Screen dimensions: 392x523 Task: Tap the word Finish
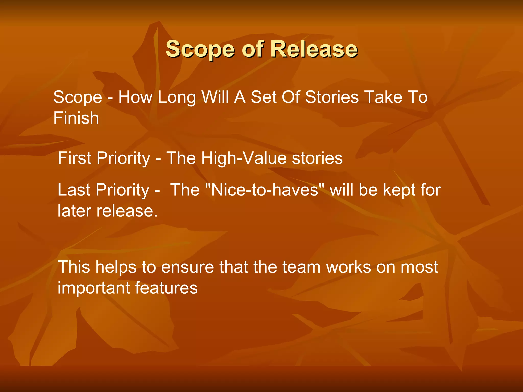(x=76, y=118)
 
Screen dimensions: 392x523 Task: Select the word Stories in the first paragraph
(x=332, y=97)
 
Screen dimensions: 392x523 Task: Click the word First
(x=75, y=158)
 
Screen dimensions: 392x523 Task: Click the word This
(x=74, y=267)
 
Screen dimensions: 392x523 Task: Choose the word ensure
(x=187, y=267)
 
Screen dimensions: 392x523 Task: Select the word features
(x=166, y=288)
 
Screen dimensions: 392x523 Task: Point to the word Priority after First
(x=123, y=158)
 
